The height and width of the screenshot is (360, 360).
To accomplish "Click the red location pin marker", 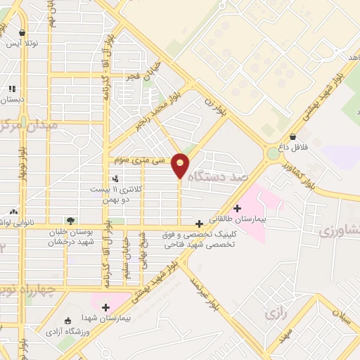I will [x=180, y=165].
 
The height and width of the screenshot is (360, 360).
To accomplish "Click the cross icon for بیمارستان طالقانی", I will [x=238, y=207].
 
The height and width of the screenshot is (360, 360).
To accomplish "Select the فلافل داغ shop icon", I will [x=292, y=137].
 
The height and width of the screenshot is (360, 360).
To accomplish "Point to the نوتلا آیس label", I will [x=22, y=43].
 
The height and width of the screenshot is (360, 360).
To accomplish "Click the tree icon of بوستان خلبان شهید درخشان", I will [x=69, y=221].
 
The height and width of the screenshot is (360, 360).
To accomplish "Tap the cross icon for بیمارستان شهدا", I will [x=105, y=307].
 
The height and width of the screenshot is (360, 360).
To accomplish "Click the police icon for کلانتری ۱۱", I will [x=115, y=179].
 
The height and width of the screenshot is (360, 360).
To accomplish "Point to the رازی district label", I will [x=276, y=314].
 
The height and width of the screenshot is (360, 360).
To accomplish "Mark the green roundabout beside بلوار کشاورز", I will [x=273, y=153].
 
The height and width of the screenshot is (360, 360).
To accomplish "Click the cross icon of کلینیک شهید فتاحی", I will [x=200, y=223].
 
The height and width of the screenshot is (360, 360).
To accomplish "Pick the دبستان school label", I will [x=12, y=99].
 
